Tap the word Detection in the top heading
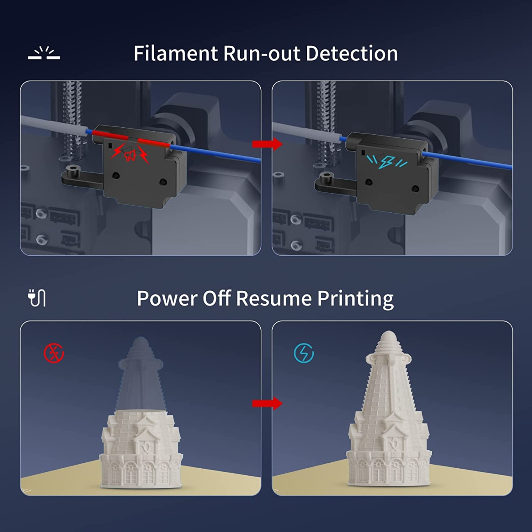(x=352, y=53)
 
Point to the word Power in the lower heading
(x=167, y=298)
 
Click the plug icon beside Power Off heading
(x=37, y=298)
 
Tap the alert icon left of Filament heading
(x=44, y=53)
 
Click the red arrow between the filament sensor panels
(x=267, y=144)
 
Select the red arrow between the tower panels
(x=267, y=403)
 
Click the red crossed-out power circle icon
(x=54, y=353)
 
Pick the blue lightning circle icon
(x=304, y=353)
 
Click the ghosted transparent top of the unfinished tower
(x=141, y=372)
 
